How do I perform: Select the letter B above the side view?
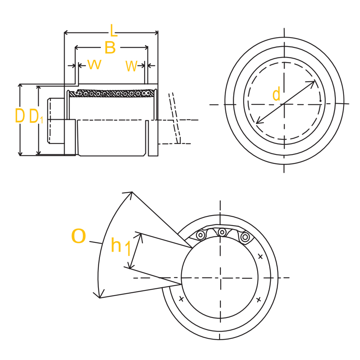[x=110, y=48]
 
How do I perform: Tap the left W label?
[x=94, y=64]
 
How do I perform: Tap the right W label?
[x=132, y=66]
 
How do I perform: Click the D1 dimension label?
[x=36, y=116]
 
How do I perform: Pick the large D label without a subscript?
[x=20, y=116]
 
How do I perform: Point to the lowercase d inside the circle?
[x=276, y=94]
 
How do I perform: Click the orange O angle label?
[x=78, y=237]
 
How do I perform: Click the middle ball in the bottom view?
[x=222, y=232]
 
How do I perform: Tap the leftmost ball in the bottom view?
[x=200, y=236]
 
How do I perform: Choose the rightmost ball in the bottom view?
[x=245, y=237]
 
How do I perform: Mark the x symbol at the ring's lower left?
[x=181, y=298]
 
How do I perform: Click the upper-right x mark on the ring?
[x=260, y=256]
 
